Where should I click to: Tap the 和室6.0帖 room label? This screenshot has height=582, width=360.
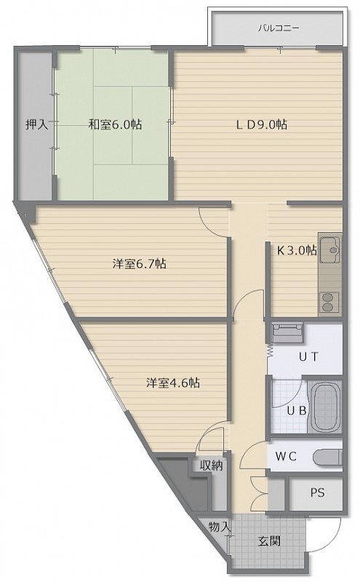115,124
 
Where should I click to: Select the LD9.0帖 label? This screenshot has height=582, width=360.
261,124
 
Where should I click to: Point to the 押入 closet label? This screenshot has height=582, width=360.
36,124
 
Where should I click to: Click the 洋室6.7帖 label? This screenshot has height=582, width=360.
139,264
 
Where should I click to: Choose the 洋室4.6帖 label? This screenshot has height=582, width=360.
173,383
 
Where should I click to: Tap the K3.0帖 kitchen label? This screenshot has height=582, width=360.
297,250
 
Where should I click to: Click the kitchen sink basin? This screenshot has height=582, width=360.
330,249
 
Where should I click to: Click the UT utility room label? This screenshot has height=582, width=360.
308,357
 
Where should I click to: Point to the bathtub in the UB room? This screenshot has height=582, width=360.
326,407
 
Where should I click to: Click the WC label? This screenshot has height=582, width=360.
286,457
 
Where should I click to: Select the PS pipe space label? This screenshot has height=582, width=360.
317,493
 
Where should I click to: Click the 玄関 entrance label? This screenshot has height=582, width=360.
269,541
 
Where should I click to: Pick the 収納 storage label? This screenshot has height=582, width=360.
212,466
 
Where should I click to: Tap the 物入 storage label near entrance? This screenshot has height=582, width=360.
219,526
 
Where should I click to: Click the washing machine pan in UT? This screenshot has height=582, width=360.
287,332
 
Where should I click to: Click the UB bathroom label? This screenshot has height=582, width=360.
297,411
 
